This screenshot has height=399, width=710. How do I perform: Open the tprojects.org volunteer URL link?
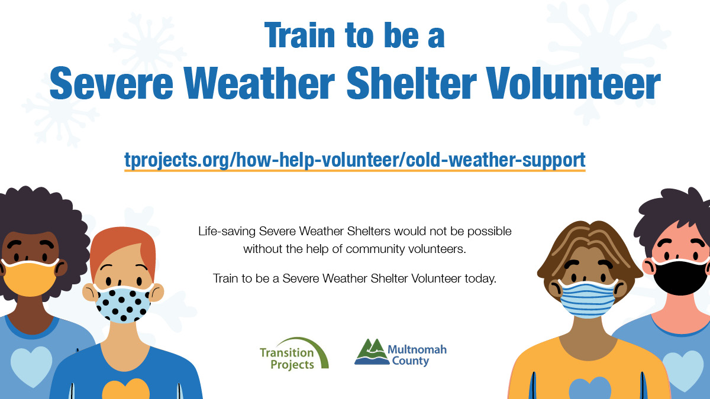(354, 160)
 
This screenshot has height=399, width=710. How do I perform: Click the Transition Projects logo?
(293, 353)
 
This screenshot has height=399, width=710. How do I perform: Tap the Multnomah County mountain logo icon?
(369, 352)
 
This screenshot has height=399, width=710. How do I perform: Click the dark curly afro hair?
(35, 213)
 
